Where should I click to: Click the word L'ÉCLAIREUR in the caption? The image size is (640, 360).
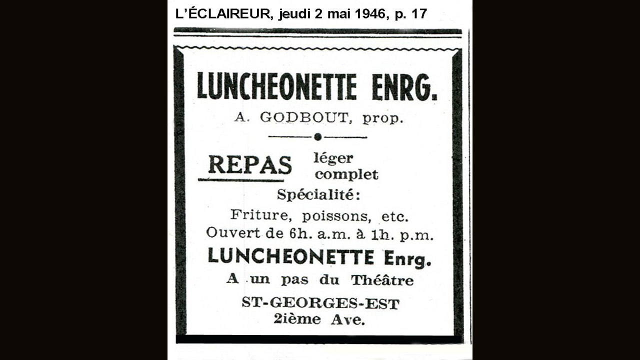click(223, 13)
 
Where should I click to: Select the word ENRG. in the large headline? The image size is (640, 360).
click(404, 86)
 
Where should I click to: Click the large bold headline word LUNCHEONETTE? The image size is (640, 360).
click(277, 86)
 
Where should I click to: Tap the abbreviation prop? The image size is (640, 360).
click(382, 118)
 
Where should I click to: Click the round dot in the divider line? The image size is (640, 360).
click(317, 137)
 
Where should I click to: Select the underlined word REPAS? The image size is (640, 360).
click(249, 164)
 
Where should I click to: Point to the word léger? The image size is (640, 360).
click(333, 158)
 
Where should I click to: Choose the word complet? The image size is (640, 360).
click(346, 174)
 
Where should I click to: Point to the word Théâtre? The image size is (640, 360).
click(382, 280)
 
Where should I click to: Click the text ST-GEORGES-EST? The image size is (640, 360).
click(320, 303)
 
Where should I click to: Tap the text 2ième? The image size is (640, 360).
click(297, 319)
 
